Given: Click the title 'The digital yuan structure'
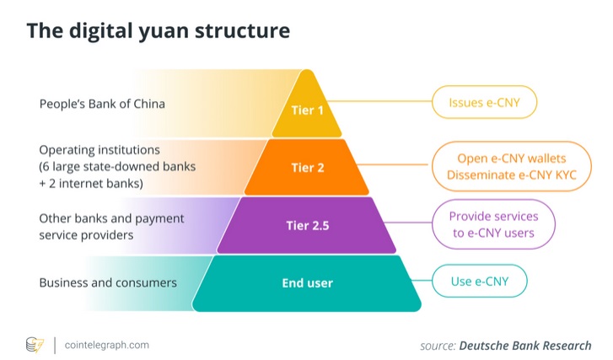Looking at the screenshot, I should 158,31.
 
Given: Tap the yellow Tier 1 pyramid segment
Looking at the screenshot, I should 307,110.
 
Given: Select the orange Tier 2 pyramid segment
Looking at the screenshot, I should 307,167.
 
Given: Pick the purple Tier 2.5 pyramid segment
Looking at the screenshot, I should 307,225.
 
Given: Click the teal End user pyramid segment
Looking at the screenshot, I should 307,282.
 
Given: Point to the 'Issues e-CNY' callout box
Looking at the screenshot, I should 485,104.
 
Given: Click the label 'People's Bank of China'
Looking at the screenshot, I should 102,105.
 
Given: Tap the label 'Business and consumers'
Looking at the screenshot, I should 108,282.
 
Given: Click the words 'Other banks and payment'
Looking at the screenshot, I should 110,218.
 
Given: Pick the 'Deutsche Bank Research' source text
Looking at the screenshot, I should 524,345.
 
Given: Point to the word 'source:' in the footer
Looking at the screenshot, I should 438,345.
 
